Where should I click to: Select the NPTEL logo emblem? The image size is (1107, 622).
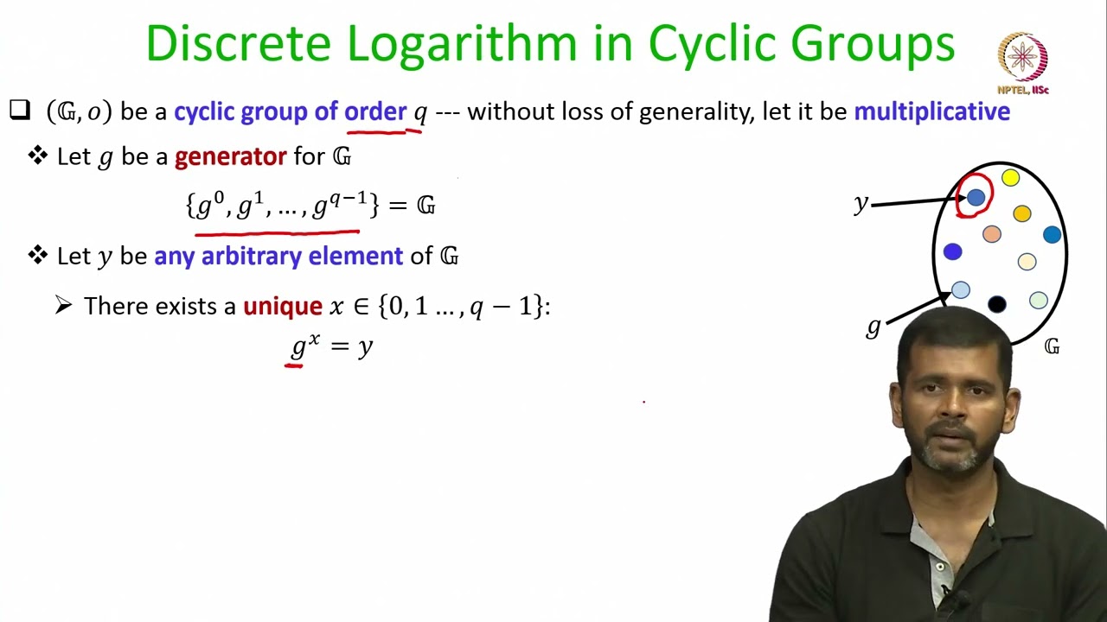pos(1023,58)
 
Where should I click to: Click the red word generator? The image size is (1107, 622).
pos(230,157)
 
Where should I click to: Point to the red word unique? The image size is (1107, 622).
pos(282,307)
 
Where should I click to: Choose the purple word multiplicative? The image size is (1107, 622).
pos(931,111)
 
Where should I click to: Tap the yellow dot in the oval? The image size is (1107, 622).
pos(1010,178)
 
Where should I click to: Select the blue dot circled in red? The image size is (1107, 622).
pos(976,198)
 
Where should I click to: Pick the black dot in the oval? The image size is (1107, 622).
pos(996,304)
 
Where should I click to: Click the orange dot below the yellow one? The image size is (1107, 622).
pos(1022,213)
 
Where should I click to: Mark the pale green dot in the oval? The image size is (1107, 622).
pos(1039,300)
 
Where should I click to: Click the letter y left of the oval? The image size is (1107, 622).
pos(861,204)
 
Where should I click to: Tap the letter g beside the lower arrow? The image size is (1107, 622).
pos(873,327)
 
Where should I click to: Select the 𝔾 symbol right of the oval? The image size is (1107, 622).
pos(1052,346)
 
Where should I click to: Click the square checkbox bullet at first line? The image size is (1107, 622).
pos(19,111)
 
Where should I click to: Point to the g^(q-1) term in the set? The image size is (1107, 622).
pos(341,206)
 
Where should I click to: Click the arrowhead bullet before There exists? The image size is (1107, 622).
pos(63,306)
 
